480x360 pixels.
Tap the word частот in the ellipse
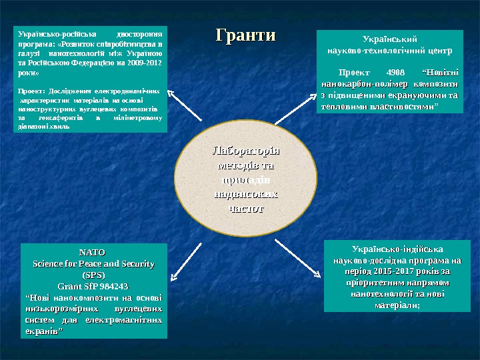(x=246, y=208)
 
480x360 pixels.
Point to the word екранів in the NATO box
(x=42, y=331)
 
